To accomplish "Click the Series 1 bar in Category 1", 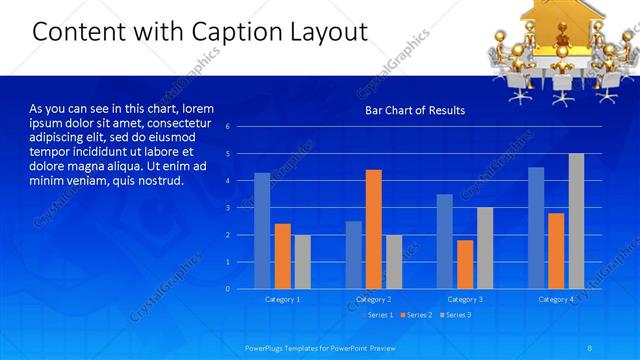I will point(262,230).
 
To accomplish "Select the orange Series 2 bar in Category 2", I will point(373,229).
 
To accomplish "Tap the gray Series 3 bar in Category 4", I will point(576,221).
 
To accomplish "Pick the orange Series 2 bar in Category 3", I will point(465,264).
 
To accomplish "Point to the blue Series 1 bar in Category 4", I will point(536,227).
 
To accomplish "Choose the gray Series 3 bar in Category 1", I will point(302,261).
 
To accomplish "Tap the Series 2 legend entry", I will point(416,315).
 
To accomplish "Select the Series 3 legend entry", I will point(455,315).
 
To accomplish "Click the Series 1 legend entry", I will point(377,315).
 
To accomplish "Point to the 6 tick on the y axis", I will point(228,127).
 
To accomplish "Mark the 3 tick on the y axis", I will point(228,208).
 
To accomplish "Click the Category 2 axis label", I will point(373,299).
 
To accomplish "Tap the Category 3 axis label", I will point(465,299).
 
